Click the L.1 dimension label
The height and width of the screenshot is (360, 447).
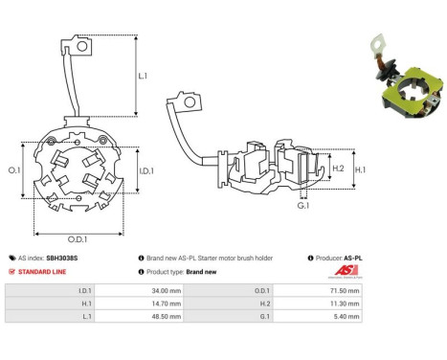point(143,76)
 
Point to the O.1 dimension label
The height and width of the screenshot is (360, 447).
point(14,170)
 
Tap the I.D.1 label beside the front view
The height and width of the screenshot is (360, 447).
point(146,171)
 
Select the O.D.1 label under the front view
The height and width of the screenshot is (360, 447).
point(78,239)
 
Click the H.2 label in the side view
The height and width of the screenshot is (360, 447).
point(338,169)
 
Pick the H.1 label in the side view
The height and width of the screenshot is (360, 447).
point(361,169)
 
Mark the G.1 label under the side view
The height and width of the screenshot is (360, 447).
point(303,206)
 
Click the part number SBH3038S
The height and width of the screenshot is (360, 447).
point(62,258)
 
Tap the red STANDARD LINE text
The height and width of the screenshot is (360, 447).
point(42,272)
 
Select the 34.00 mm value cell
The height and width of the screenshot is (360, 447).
point(139,290)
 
